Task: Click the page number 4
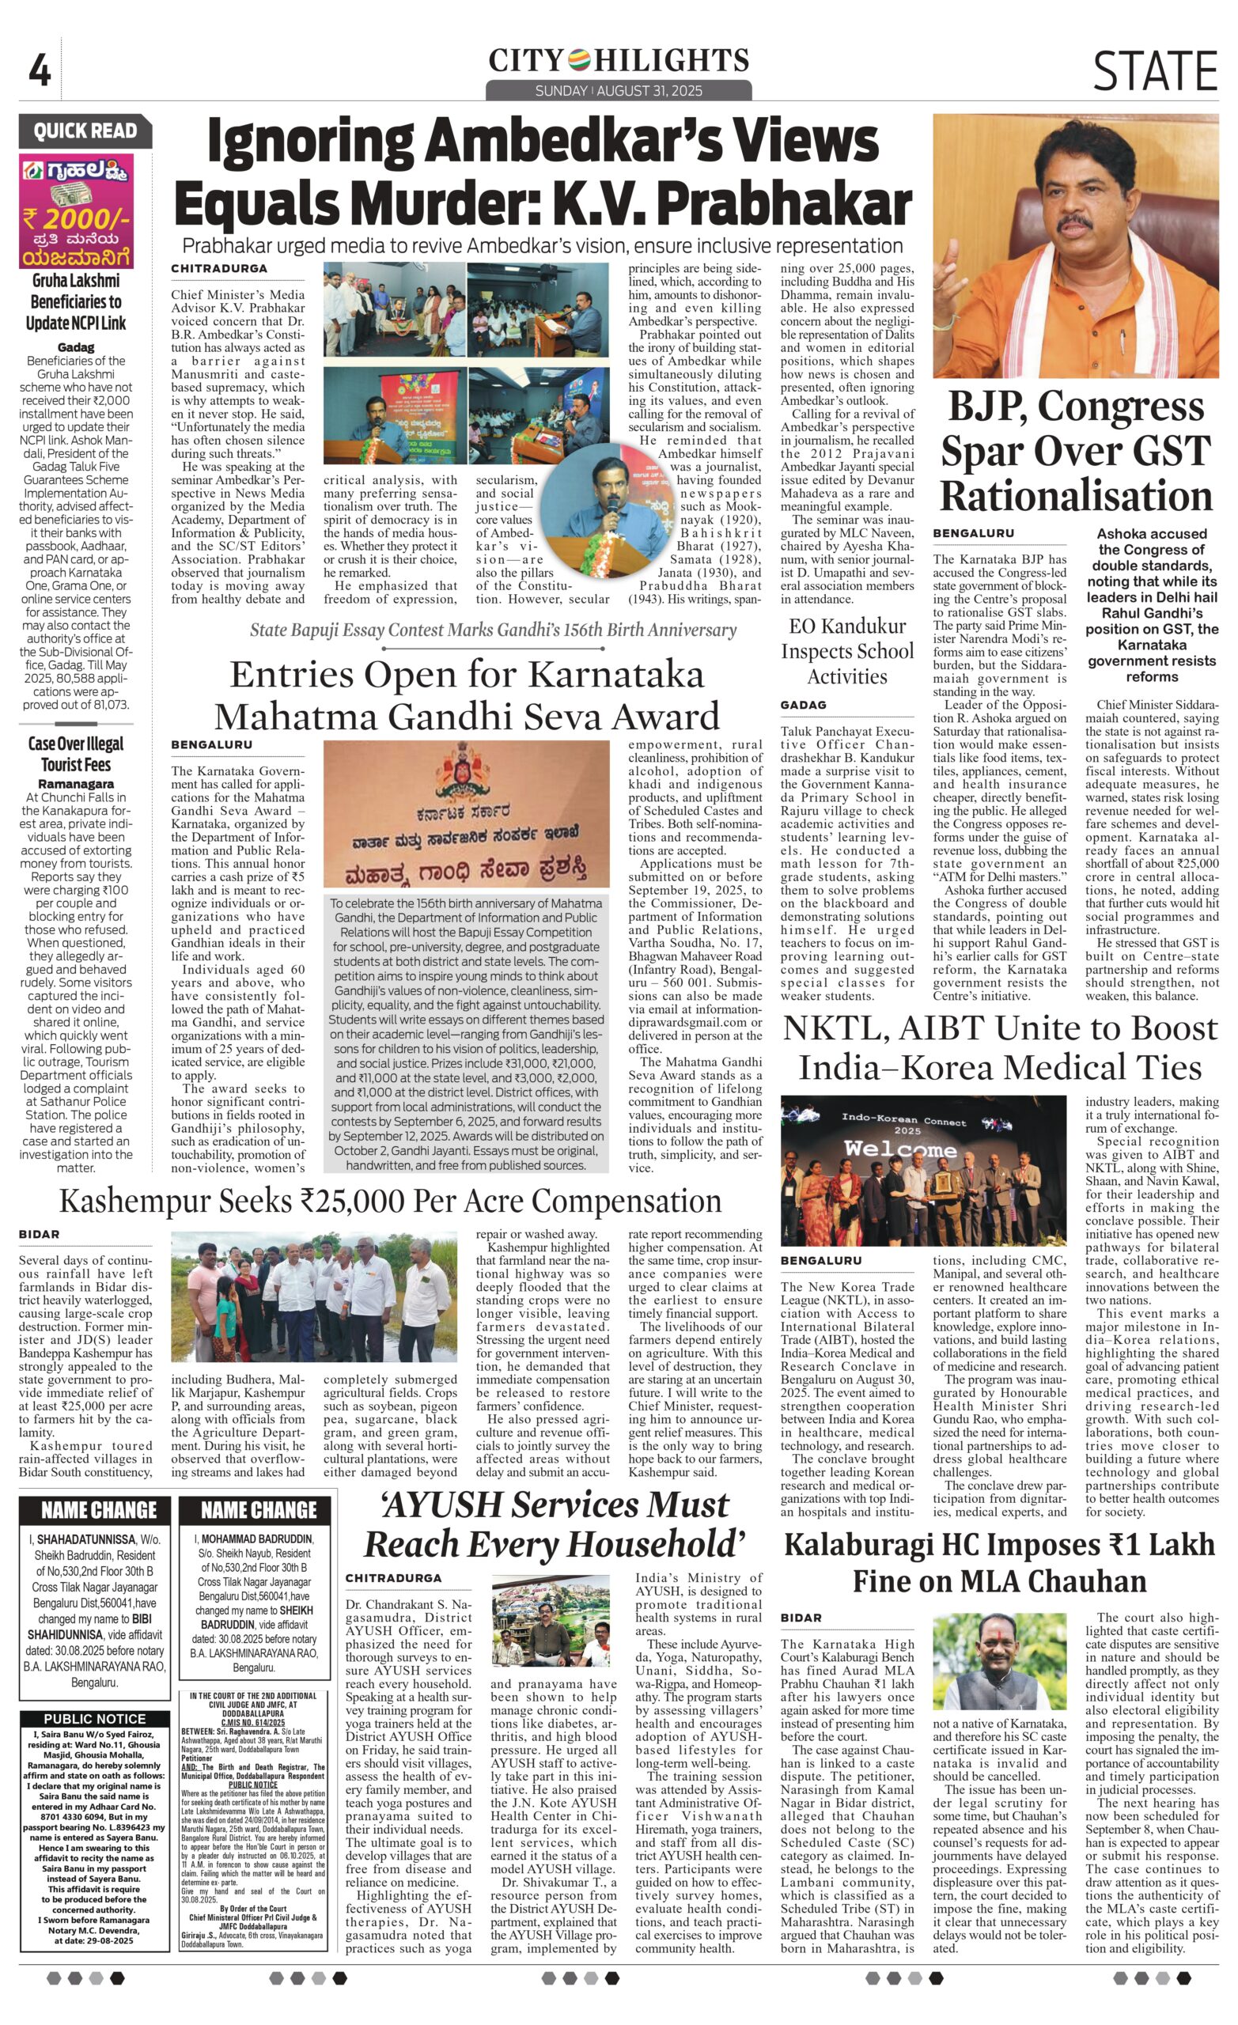39,71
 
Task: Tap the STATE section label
1153,70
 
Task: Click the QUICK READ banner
85,131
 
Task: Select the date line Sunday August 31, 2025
618,91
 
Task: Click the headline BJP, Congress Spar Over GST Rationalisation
1075,451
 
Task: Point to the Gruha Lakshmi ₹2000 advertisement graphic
76,211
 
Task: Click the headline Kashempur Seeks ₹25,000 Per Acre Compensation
390,1202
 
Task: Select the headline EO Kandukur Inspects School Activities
846,651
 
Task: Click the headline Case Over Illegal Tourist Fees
76,754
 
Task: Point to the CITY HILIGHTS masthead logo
618,61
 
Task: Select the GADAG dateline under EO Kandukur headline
803,705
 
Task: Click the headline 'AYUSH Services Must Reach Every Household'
555,1525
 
